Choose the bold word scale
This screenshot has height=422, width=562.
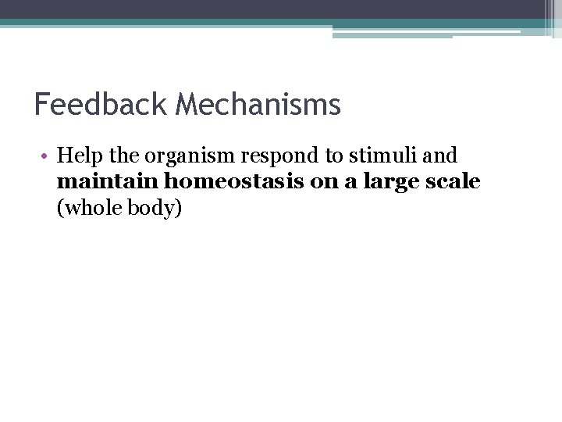[x=454, y=182]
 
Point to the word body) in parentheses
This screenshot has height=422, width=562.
[x=156, y=209]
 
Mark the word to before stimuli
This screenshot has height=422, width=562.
[x=335, y=156]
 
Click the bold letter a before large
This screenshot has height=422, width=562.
[x=353, y=183]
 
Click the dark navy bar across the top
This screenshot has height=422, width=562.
[x=273, y=9]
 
